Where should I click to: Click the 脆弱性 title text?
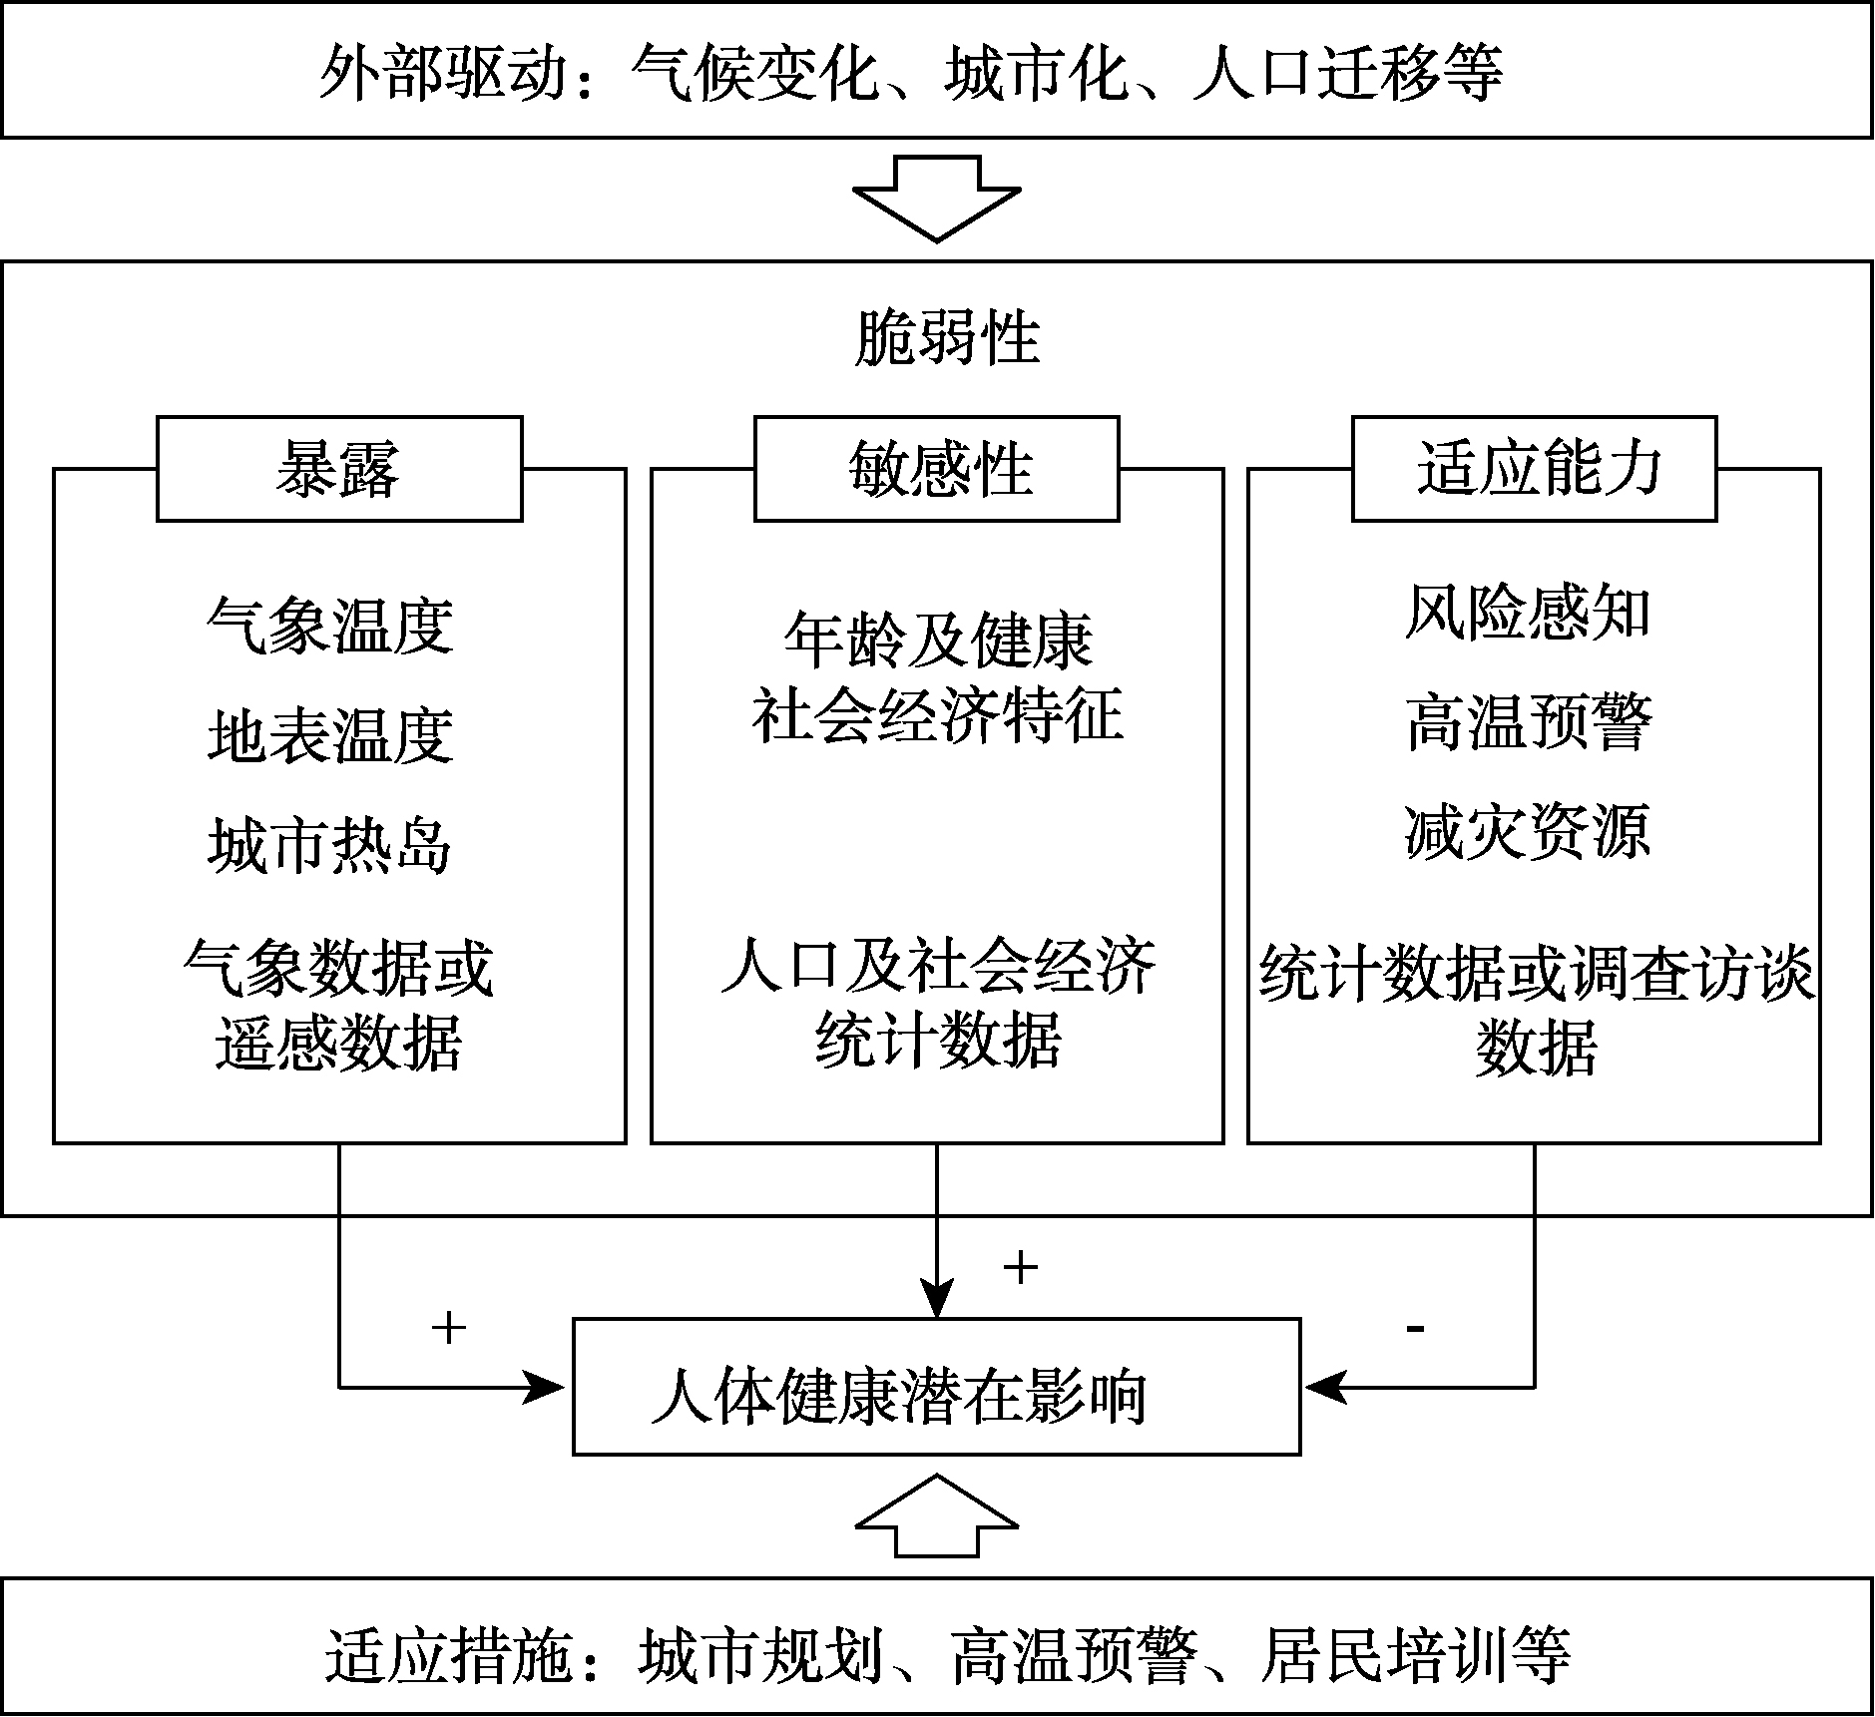pos(947,338)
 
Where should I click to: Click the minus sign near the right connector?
pos(1414,1328)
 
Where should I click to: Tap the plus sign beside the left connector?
pos(449,1327)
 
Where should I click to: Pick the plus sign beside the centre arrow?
pos(1020,1267)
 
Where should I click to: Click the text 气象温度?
pos(330,627)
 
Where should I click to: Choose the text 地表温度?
pos(330,736)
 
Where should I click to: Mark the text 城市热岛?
pos(330,846)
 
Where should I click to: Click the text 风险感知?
pos(1528,612)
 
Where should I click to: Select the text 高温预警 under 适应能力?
pos(1528,721)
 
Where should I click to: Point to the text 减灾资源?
pos(1528,831)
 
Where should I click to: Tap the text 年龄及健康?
pos(937,640)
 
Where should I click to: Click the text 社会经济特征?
pos(937,714)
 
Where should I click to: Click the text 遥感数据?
pos(338,1044)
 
